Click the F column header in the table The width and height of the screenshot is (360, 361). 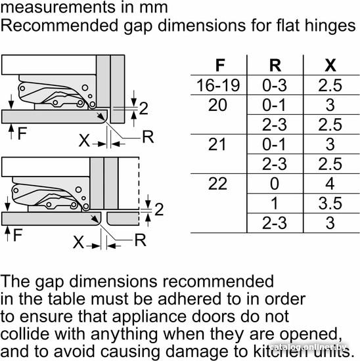coord(220,66)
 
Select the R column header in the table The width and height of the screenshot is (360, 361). coord(275,66)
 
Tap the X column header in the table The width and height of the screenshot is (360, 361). coord(330,66)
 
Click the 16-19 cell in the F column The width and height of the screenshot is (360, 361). coord(218,85)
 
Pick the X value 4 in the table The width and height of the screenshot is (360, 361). coord(330,184)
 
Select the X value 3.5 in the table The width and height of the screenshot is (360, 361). coord(330,203)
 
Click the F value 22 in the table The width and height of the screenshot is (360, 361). coord(217,184)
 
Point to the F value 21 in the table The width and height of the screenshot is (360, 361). coord(217,144)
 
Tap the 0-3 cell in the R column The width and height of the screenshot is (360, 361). coord(275,85)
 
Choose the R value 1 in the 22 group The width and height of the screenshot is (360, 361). coord(274,203)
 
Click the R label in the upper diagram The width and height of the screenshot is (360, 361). coord(148,137)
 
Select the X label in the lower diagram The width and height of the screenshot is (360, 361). coord(78,242)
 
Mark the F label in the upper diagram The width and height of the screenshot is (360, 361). coord(22,133)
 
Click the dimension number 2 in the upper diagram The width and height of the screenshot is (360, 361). coord(143,108)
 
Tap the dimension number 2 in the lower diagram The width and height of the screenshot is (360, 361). coord(159,209)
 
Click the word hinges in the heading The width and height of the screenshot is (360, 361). coord(330,26)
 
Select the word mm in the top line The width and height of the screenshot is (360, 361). coord(154,7)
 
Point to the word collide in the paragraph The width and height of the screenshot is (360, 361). coord(26,334)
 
